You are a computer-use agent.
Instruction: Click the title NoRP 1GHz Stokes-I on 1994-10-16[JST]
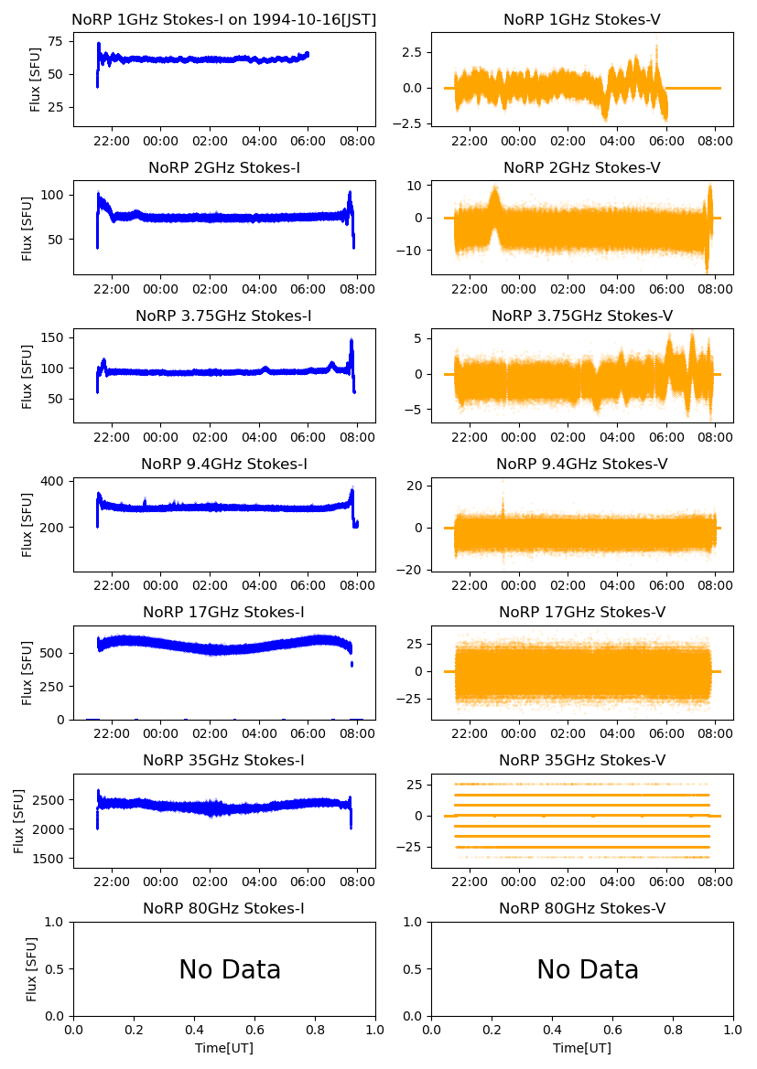[224, 19]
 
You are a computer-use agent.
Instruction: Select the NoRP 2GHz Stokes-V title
[581, 167]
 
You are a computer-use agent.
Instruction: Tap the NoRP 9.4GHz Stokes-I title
[224, 464]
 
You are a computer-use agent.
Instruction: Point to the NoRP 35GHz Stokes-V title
[581, 760]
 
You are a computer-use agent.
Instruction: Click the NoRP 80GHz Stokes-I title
[224, 908]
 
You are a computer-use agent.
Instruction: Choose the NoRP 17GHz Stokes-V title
[581, 612]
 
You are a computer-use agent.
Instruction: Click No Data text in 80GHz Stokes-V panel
[588, 969]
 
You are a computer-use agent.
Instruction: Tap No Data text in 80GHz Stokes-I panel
[230, 969]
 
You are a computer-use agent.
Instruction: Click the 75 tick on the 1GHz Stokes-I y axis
[55, 41]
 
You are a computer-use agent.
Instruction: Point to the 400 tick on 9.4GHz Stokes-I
[51, 481]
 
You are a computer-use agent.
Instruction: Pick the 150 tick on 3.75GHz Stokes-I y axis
[51, 338]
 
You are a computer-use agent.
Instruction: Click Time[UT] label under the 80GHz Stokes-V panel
[581, 1048]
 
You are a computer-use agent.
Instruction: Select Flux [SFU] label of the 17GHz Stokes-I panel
[27, 672]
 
